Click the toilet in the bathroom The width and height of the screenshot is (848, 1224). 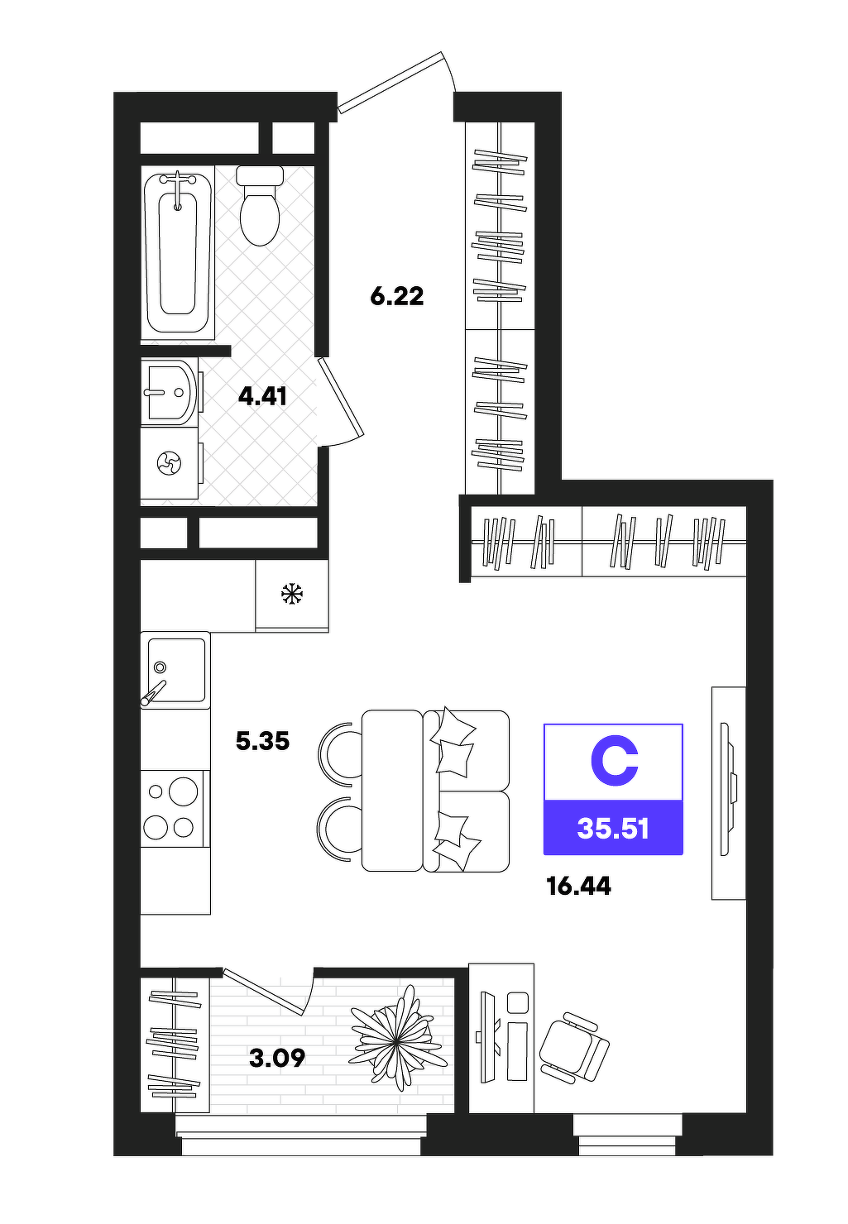260,205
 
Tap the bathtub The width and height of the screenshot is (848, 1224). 178,252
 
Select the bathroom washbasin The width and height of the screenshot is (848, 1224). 170,392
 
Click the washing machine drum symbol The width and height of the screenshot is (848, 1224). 169,463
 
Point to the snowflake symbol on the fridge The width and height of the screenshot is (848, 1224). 292,594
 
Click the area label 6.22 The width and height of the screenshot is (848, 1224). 397,297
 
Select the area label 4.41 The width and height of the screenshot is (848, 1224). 262,396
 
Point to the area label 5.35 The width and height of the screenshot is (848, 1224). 262,742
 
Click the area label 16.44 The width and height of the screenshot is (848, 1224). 578,886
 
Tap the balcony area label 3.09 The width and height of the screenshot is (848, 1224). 276,1059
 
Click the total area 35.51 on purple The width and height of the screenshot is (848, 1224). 613,829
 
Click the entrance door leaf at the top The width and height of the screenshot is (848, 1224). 390,82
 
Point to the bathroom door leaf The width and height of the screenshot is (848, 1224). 340,397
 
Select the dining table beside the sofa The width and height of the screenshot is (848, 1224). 392,790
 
